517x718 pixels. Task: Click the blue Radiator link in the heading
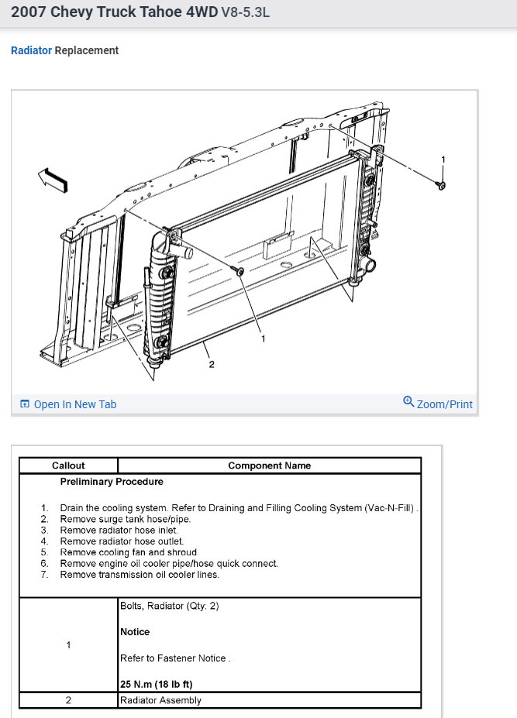tap(31, 50)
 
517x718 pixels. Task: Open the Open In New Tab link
tap(74, 404)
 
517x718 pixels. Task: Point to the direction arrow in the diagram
tap(53, 178)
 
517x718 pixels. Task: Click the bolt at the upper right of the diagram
tap(441, 186)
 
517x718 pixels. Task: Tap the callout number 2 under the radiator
tap(211, 365)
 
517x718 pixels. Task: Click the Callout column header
tap(68, 465)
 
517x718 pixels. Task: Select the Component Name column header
tap(269, 465)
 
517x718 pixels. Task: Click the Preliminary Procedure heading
tap(112, 482)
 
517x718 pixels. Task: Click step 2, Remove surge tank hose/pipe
tap(125, 519)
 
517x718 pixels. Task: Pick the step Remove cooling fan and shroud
tap(128, 552)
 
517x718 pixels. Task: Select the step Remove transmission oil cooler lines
tap(140, 575)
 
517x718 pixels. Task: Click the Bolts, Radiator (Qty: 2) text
tap(169, 606)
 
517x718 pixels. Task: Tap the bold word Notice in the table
tap(135, 632)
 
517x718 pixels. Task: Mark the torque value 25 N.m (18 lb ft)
tap(156, 684)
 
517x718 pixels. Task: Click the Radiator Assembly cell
tap(160, 700)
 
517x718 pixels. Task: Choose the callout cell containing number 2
tap(68, 700)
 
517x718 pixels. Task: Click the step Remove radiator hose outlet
tap(122, 541)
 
